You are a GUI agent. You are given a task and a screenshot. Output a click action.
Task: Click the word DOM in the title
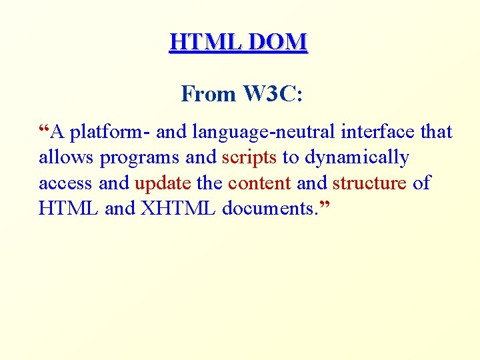point(278,42)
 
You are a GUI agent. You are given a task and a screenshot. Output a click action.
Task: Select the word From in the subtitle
point(208,95)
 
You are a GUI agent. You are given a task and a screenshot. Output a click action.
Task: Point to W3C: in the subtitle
point(273,95)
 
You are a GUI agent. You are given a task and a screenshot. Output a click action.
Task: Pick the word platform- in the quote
point(111,133)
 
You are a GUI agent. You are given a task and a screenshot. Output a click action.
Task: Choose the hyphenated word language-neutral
point(263,133)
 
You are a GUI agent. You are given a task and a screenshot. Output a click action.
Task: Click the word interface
point(378,133)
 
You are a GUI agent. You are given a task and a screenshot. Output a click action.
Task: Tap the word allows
point(67,158)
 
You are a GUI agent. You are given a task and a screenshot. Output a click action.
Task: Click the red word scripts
point(249,158)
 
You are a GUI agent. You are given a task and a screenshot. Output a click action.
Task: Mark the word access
point(67,183)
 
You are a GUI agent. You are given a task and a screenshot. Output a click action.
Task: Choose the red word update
point(163,183)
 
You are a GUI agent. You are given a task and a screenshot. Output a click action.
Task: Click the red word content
point(259,183)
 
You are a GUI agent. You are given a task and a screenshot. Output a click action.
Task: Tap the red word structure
point(369,183)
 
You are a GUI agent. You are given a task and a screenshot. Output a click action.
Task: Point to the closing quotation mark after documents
point(325,203)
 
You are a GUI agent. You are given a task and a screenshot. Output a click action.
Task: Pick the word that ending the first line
point(436,133)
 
